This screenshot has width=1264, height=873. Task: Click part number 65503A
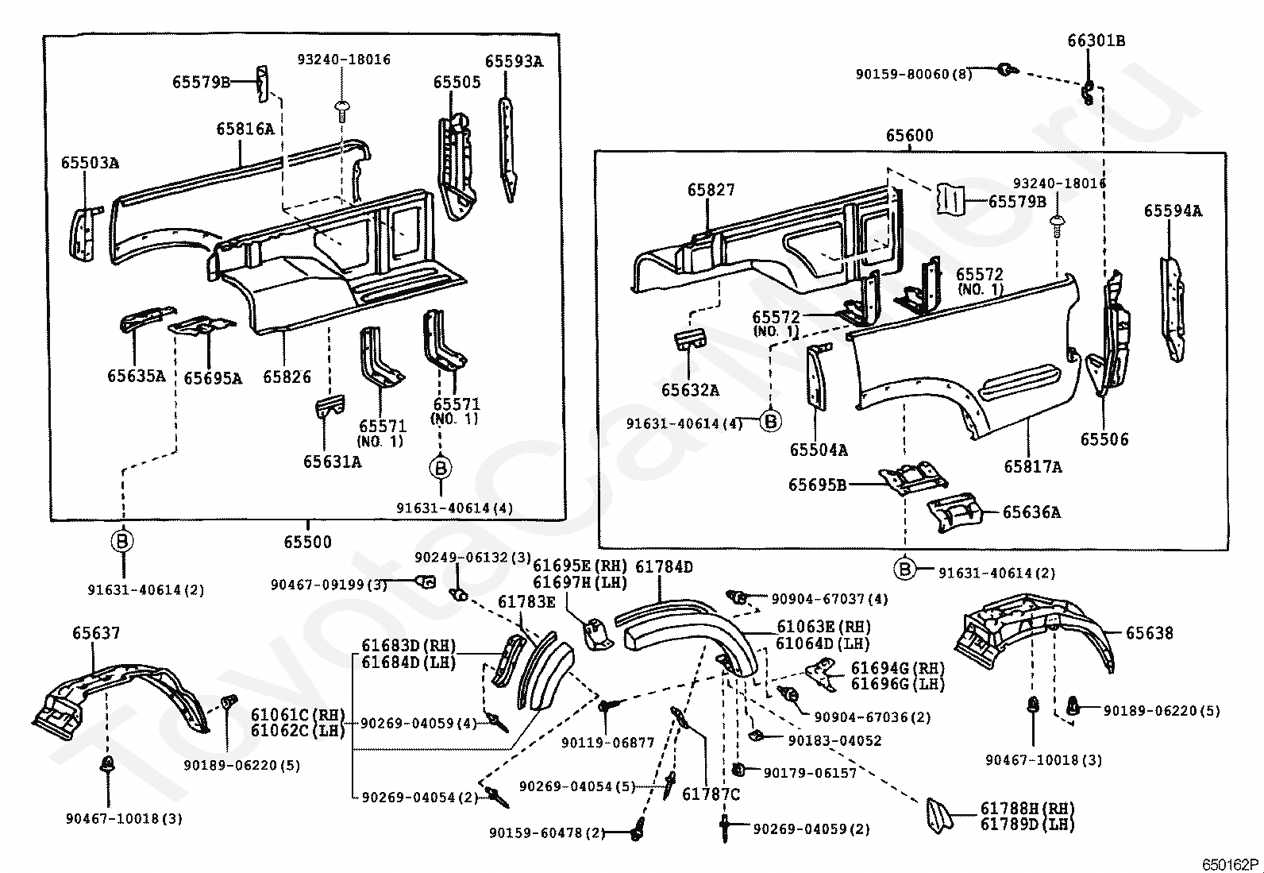click(91, 163)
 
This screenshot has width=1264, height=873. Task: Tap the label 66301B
click(1096, 41)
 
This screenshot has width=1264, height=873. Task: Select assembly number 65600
click(909, 136)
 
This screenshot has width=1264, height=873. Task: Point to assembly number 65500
click(307, 542)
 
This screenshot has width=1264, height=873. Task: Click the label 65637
click(96, 633)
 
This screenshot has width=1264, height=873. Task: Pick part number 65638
click(1149, 633)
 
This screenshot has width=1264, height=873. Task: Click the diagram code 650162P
click(1230, 864)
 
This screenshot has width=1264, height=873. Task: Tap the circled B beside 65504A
click(771, 421)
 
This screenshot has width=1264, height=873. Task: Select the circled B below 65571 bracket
click(441, 468)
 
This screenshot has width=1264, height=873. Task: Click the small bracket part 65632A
click(689, 341)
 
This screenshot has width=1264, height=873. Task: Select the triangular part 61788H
click(939, 814)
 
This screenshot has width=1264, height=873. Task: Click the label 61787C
click(711, 794)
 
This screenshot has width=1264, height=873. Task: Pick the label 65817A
click(1033, 467)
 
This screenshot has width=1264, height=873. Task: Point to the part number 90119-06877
click(607, 743)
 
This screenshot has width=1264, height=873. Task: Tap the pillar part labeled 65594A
click(1173, 309)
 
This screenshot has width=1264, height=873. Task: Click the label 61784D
click(665, 566)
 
